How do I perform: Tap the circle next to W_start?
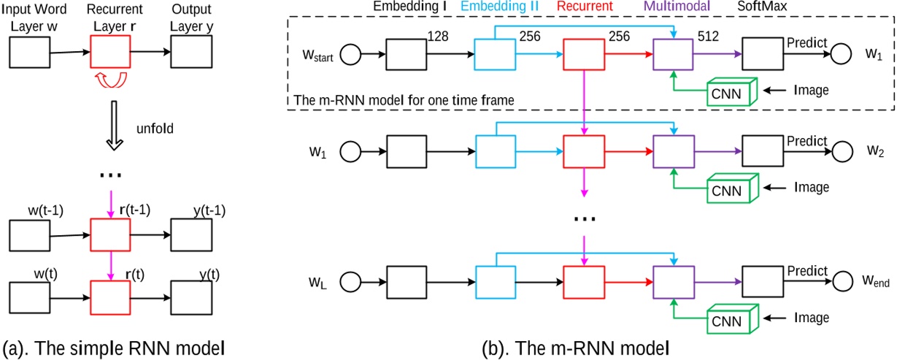click(348, 55)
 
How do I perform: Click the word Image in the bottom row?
click(811, 318)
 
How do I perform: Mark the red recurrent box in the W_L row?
click(583, 278)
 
